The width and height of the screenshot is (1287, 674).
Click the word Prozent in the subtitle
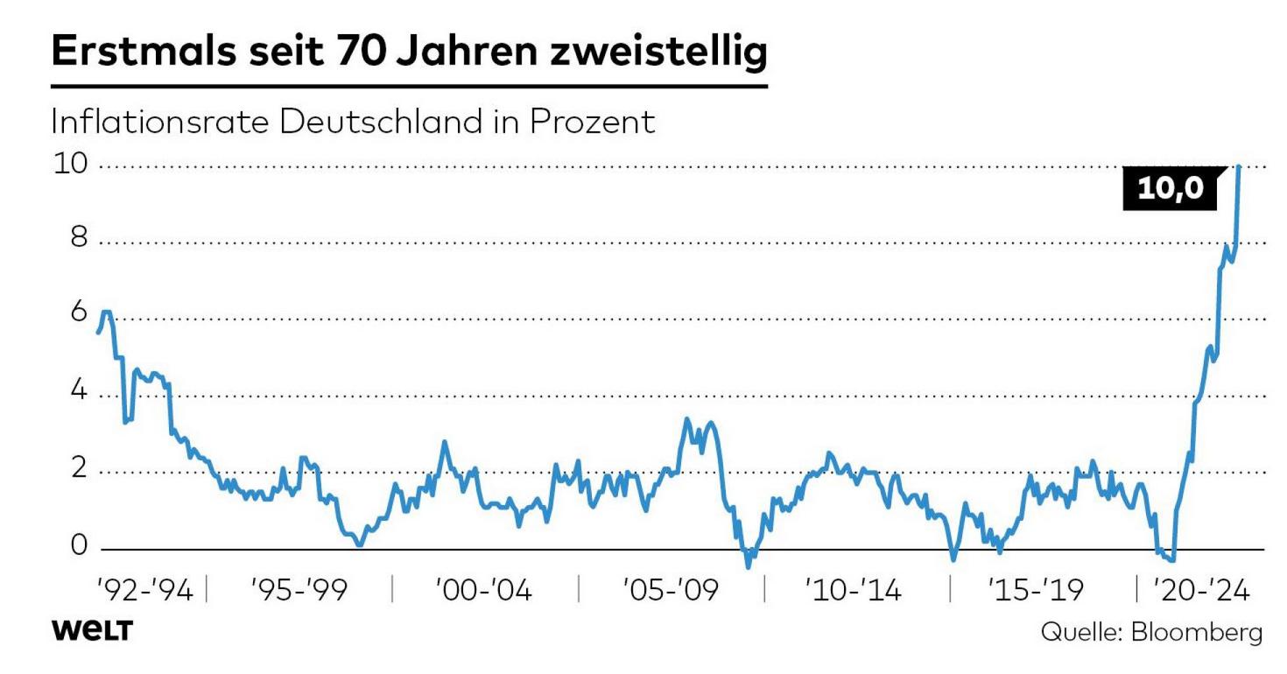(591, 122)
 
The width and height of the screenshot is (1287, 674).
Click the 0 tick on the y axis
(79, 546)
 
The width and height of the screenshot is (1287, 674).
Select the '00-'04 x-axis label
(483, 590)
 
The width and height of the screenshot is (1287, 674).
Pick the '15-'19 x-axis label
(1036, 590)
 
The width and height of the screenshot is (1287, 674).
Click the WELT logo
(92, 631)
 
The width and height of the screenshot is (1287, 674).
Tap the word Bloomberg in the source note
(1197, 633)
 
